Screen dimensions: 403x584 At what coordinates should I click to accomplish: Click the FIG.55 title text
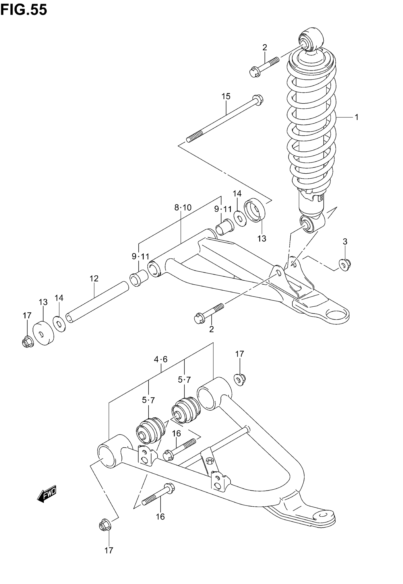pos(23,10)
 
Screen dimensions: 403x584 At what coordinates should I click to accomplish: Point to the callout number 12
pos(94,279)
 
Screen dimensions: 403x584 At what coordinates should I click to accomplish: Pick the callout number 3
pos(345,242)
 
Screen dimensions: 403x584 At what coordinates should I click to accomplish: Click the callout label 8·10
pos(183,208)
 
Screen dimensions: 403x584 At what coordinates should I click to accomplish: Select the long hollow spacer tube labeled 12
pos(97,302)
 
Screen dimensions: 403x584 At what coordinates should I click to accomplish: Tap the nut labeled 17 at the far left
pos(27,342)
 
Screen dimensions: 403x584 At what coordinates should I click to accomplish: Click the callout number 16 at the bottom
pos(160,517)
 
